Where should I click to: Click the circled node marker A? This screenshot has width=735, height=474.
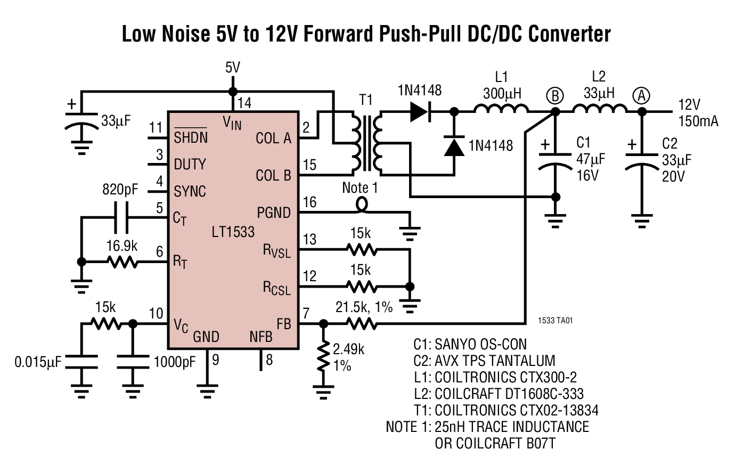click(642, 96)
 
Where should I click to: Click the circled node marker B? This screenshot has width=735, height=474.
click(555, 96)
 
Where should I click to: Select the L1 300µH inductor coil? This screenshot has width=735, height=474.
click(501, 109)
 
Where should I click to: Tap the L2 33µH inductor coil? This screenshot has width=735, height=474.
click(599, 109)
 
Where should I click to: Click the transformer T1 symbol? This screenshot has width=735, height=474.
click(366, 142)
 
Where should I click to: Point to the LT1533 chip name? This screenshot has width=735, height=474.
click(233, 232)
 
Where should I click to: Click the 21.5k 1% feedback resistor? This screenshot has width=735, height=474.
click(362, 323)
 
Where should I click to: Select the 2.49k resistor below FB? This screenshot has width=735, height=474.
click(323, 357)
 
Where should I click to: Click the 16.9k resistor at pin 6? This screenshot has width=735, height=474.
click(122, 262)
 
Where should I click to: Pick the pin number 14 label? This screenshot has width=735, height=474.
click(244, 103)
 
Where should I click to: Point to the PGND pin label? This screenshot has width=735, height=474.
click(274, 213)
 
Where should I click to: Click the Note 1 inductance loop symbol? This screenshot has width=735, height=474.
click(362, 204)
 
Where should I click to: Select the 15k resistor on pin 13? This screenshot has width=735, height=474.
click(362, 249)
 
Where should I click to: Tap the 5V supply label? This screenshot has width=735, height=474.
click(233, 68)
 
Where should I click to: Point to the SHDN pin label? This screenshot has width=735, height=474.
click(191, 137)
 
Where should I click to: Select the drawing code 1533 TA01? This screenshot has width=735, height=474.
click(556, 321)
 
